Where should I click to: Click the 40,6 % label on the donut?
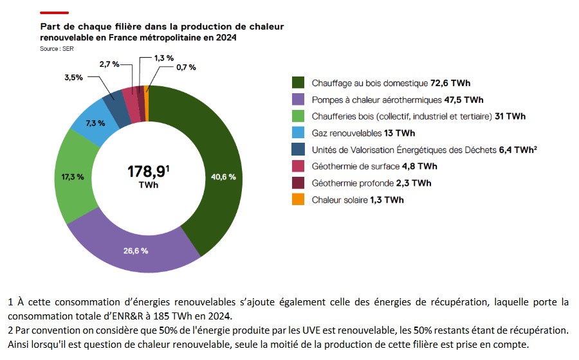click(x=223, y=177)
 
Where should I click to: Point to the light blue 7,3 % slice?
click(x=95, y=123)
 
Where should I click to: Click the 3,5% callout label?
click(x=73, y=77)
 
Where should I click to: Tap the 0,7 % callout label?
click(x=186, y=67)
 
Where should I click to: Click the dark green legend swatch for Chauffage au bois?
click(x=298, y=83)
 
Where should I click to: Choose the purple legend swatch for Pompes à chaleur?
click(x=298, y=100)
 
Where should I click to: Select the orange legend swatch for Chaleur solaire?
click(x=298, y=199)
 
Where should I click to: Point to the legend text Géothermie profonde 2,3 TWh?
click(x=371, y=183)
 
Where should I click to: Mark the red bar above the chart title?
click(x=54, y=12)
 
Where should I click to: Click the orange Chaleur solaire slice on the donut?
click(x=147, y=94)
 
